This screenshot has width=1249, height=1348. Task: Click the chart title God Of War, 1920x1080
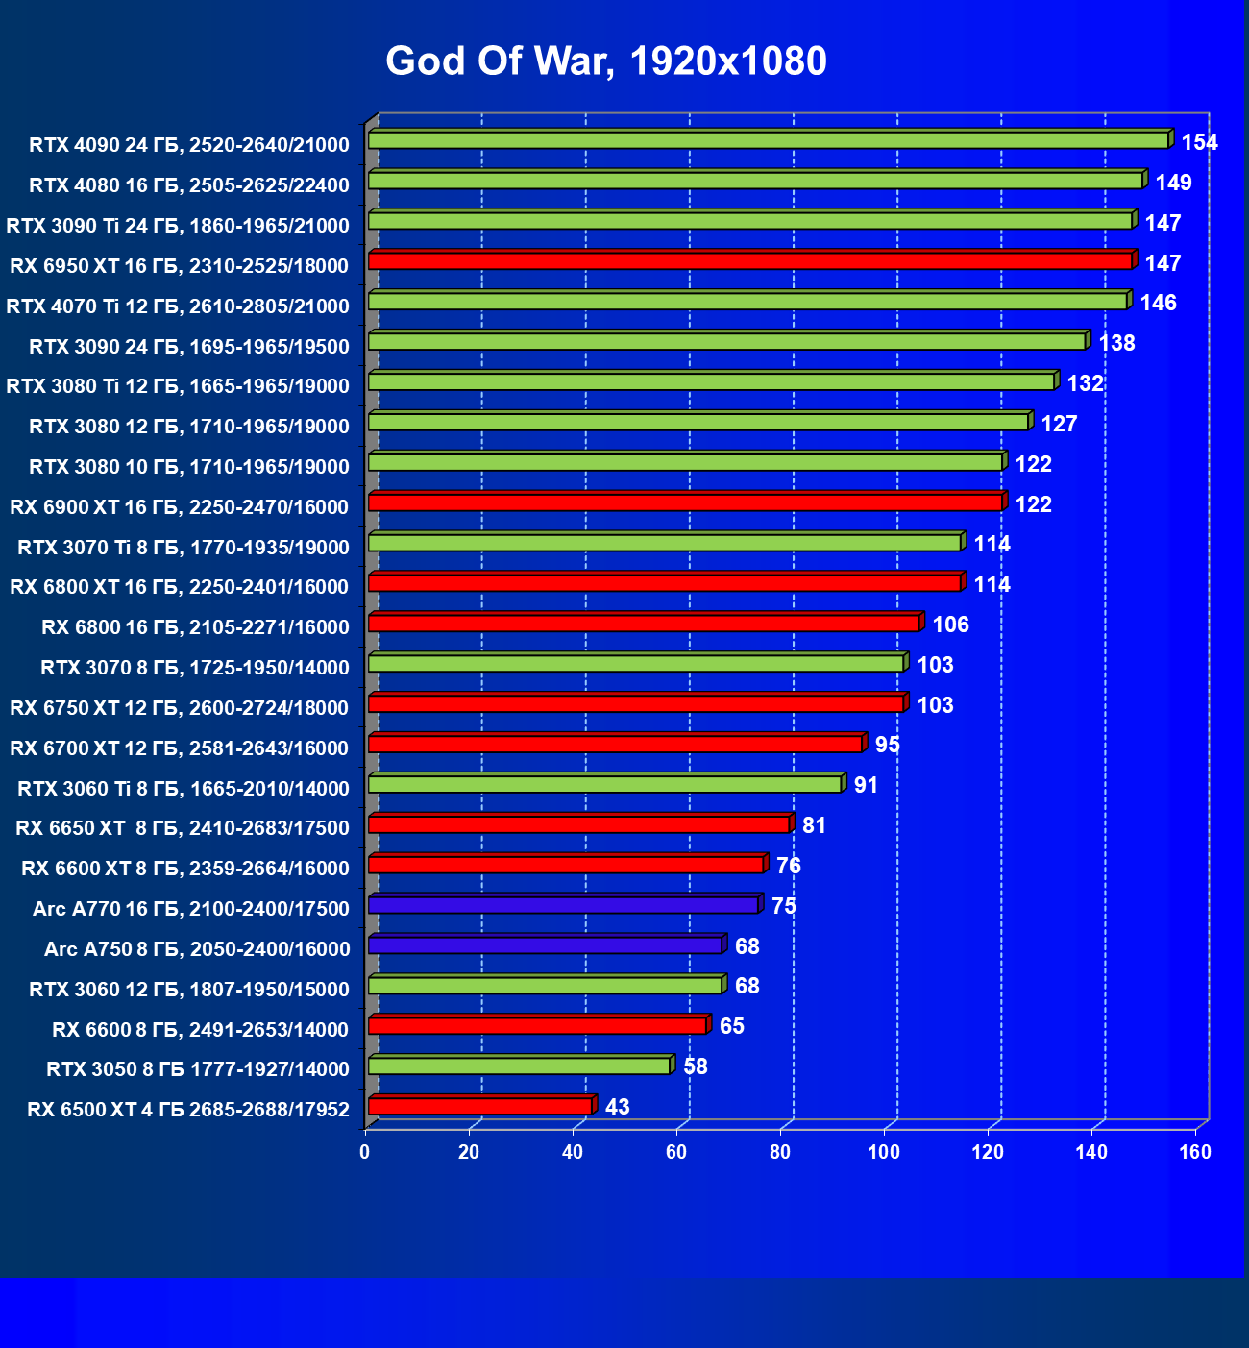pyautogui.click(x=606, y=61)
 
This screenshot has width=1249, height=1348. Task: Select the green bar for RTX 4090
pyautogui.click(x=768, y=140)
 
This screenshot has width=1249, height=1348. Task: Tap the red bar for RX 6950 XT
pyautogui.click(x=749, y=260)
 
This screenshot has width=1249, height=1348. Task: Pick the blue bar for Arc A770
pyautogui.click(x=563, y=904)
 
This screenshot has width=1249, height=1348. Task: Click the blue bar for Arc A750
pyautogui.click(x=545, y=944)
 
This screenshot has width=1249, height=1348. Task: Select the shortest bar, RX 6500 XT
pyautogui.click(x=479, y=1106)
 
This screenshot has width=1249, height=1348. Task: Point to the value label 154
pyautogui.click(x=1199, y=142)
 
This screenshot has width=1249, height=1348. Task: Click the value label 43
pyautogui.click(x=618, y=1107)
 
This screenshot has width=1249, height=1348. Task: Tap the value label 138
pyautogui.click(x=1116, y=343)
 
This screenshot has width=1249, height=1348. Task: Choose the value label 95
pyautogui.click(x=888, y=745)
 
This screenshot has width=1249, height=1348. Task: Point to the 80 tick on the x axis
pyautogui.click(x=780, y=1152)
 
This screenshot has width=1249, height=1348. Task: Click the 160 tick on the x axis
pyautogui.click(x=1195, y=1152)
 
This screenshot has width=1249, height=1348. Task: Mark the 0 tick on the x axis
pyautogui.click(x=365, y=1152)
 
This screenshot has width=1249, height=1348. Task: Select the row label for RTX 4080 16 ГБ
pyautogui.click(x=189, y=185)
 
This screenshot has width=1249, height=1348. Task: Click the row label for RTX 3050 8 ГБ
pyautogui.click(x=198, y=1069)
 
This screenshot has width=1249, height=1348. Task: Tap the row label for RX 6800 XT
pyautogui.click(x=180, y=587)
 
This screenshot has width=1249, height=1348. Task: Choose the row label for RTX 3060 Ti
pyautogui.click(x=184, y=789)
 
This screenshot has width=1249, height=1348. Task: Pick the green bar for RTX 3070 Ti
pyautogui.click(x=664, y=542)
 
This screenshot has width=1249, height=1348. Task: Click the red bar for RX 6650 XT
pyautogui.click(x=578, y=823)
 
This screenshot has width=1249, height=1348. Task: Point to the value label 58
pyautogui.click(x=696, y=1066)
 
